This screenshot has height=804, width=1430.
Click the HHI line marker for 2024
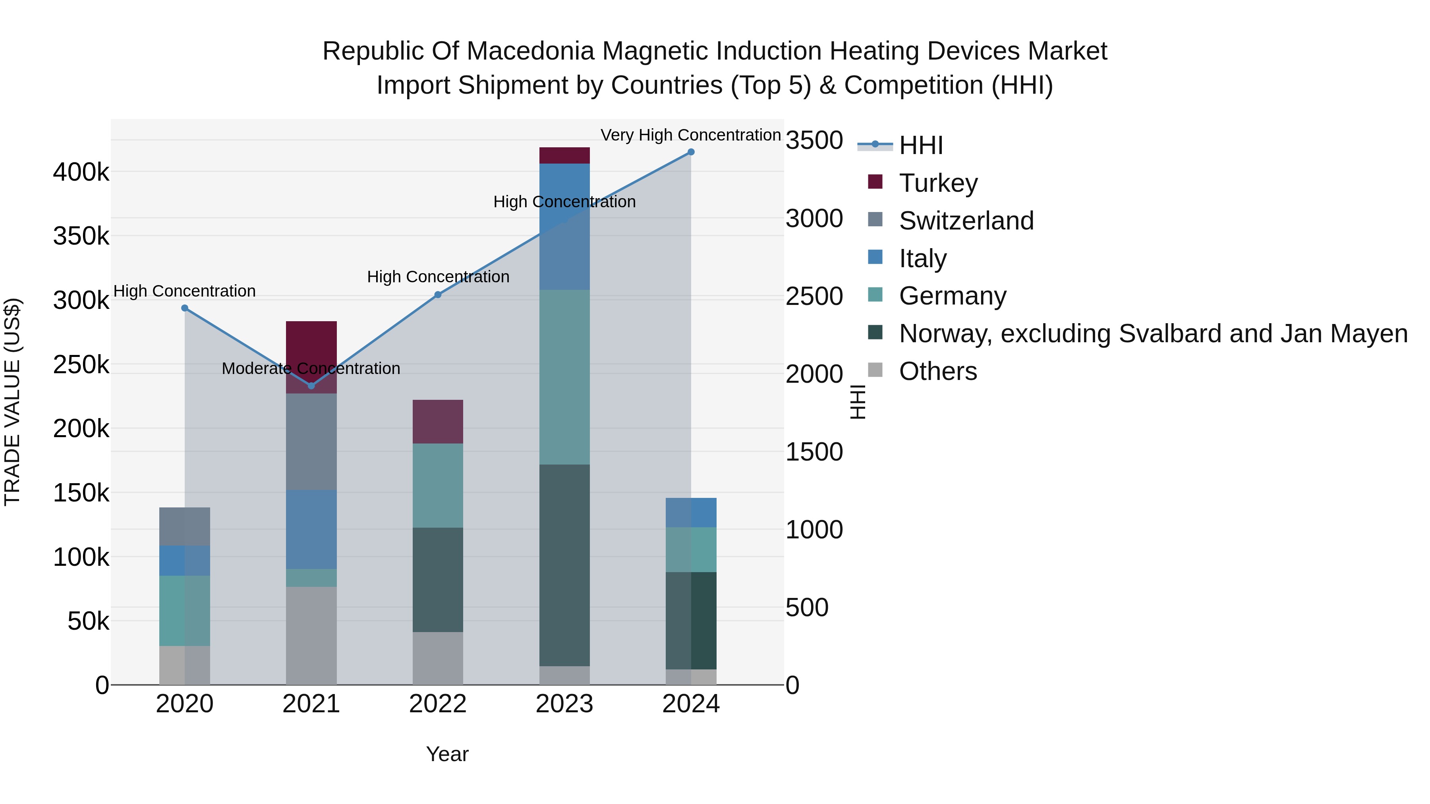691,152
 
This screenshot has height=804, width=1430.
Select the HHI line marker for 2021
311,386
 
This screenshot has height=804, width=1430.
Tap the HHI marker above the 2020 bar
185,308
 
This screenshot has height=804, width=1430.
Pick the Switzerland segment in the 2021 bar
311,442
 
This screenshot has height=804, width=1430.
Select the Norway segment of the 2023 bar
564,565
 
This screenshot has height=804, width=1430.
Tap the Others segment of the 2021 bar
311,635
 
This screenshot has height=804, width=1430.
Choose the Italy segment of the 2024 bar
691,513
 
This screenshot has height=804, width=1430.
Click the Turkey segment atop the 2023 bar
564,155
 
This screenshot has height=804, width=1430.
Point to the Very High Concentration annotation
691,135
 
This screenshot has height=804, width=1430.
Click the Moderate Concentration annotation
311,368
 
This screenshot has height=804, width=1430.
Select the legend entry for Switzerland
966,221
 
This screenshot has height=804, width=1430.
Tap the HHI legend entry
920,145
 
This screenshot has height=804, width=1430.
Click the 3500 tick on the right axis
814,141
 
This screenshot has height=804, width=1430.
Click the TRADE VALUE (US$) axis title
12,402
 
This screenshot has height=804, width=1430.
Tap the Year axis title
447,754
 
